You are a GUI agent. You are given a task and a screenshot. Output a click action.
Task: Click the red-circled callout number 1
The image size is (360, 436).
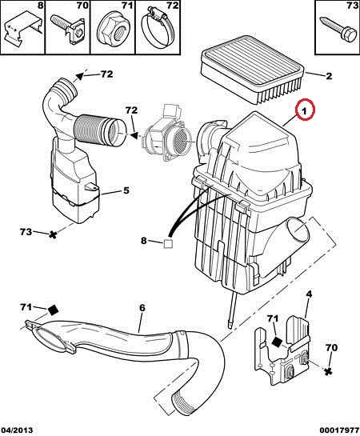304,111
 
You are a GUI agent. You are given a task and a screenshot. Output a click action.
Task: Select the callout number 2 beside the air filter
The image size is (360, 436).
329,76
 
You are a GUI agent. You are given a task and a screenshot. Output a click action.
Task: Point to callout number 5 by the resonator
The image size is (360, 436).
126,190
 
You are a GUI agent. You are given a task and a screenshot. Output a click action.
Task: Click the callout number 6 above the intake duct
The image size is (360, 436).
142,308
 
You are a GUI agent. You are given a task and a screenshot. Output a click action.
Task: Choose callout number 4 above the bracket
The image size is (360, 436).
309,294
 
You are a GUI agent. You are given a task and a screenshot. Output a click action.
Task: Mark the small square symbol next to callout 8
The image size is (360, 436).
168,243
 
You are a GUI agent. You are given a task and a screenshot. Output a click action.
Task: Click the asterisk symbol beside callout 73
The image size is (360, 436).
52,235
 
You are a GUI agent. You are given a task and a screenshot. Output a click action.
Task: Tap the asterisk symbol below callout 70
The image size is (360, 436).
328,370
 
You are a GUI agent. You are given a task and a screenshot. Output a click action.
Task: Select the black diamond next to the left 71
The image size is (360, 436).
53,310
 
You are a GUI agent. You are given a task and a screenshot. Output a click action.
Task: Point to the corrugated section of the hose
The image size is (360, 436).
89,129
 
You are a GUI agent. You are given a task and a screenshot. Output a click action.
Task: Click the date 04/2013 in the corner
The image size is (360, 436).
17,430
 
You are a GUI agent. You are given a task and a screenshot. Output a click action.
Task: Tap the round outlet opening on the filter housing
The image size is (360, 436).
298,230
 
